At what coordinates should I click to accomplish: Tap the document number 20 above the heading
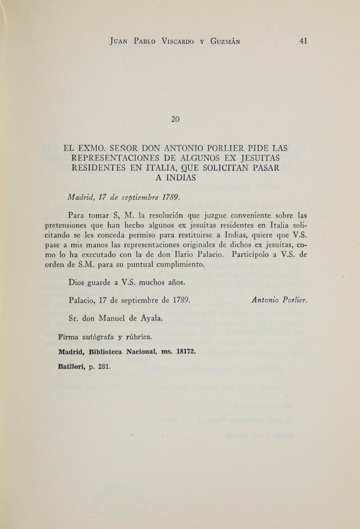pyautogui.click(x=175, y=119)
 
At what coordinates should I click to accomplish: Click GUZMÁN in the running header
pyautogui.click(x=225, y=42)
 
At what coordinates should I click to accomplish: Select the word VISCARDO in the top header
pyautogui.click(x=176, y=42)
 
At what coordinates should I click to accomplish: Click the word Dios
pyautogui.click(x=77, y=282)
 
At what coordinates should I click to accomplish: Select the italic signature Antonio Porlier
pyautogui.click(x=279, y=301)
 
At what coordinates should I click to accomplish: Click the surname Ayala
pyautogui.click(x=151, y=318)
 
